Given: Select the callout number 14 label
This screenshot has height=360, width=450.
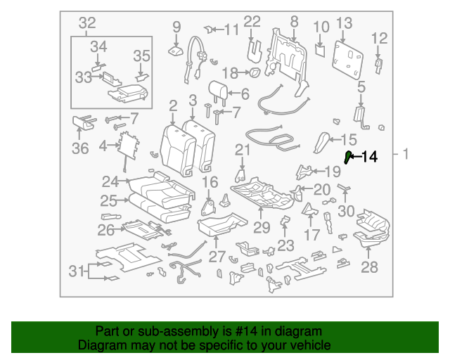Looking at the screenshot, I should click(369, 157).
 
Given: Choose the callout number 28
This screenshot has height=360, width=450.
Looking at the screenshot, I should click(369, 267).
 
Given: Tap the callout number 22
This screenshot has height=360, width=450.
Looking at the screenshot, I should click(252, 22).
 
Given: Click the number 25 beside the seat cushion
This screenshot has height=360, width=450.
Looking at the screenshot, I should click(109, 201).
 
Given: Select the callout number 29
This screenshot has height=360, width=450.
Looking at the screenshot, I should click(262, 227).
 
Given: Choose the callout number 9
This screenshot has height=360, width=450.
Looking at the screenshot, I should click(176, 27).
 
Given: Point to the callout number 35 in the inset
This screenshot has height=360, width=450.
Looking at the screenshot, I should click(141, 56).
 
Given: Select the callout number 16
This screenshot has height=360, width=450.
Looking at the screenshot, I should click(210, 183).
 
